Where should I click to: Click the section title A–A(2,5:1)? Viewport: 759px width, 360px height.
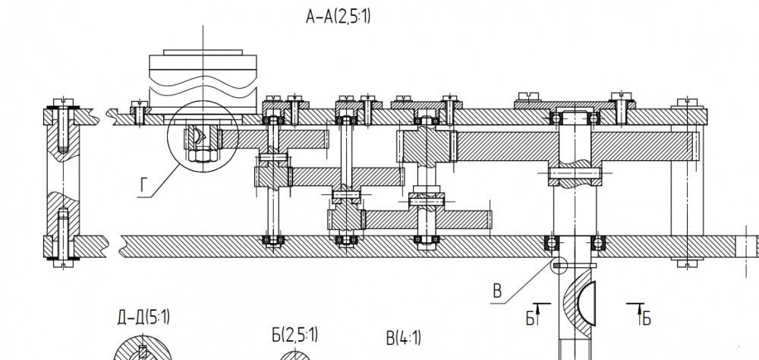(x=339, y=17)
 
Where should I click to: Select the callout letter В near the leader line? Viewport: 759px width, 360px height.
(x=497, y=291)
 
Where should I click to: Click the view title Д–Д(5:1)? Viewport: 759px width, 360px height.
(x=143, y=317)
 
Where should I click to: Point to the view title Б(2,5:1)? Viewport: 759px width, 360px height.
(x=294, y=334)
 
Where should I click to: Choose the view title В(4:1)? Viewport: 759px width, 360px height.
(x=403, y=338)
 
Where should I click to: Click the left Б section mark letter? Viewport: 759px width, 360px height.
(x=530, y=318)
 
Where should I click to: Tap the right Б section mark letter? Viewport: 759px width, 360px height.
(x=647, y=319)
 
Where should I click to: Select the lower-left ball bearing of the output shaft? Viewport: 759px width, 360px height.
(x=551, y=242)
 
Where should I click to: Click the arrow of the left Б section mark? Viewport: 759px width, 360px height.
(x=537, y=314)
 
